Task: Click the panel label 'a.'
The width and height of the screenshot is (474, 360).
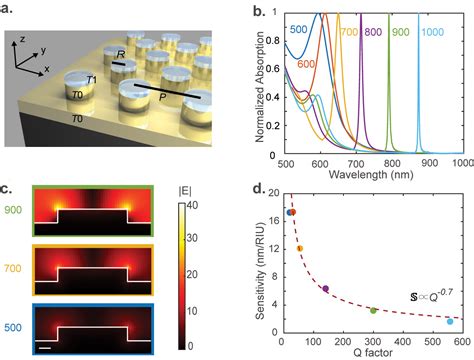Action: pos(9,8)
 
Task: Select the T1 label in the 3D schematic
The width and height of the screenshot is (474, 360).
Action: pos(90,80)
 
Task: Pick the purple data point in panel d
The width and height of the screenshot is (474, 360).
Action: pos(325,289)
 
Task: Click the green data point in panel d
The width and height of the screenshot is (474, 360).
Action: pos(373,310)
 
